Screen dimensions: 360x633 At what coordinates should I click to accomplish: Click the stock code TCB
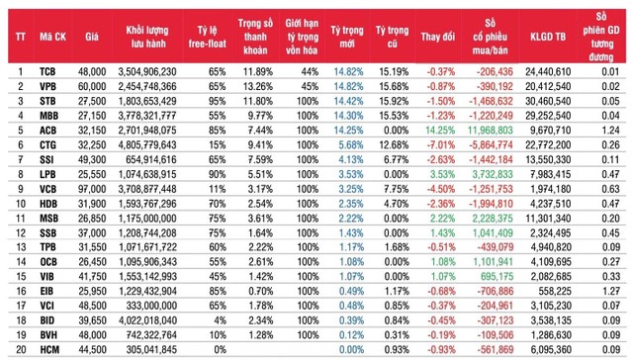[47, 72]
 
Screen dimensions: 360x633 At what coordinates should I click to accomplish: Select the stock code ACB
[47, 129]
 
